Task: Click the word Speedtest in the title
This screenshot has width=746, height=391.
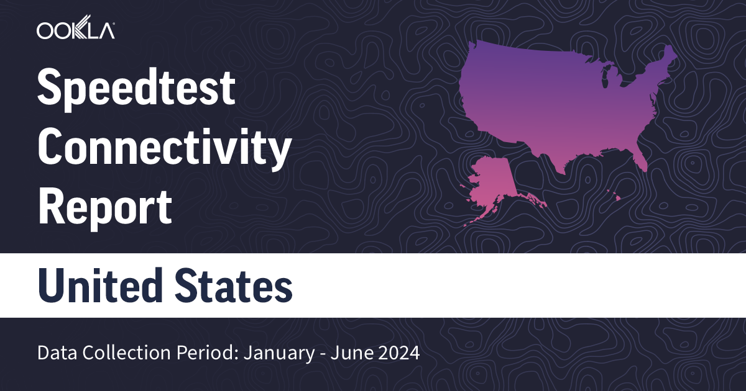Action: click(x=137, y=88)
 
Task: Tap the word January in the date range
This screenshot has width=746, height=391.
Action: click(x=273, y=354)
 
